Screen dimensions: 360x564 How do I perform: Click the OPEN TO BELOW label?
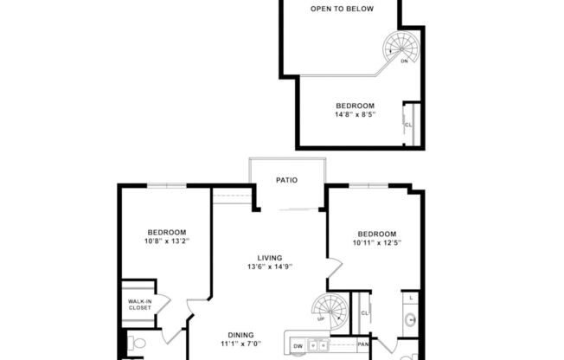tap(342, 10)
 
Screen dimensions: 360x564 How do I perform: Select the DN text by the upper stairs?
tap(404, 61)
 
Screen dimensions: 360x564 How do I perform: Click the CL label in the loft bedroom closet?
tap(408, 125)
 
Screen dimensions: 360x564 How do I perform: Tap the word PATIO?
tap(287, 181)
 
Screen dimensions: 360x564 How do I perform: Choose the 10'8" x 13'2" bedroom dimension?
tap(167, 241)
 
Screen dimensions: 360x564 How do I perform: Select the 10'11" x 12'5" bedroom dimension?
tap(377, 244)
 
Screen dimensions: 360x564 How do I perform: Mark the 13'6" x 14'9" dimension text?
tap(270, 267)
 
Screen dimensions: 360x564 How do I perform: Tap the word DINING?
tap(240, 335)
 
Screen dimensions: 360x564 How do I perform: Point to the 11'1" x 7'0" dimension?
tap(240, 344)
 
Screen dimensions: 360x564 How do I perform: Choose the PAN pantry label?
tap(363, 344)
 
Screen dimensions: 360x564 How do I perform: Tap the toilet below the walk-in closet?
tap(137, 344)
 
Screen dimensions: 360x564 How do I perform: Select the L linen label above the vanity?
tap(410, 299)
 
